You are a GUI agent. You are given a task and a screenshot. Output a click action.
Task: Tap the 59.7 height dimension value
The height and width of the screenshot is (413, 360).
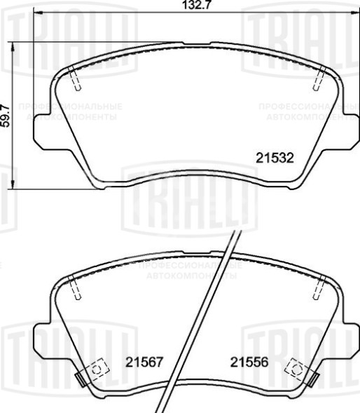(6, 115)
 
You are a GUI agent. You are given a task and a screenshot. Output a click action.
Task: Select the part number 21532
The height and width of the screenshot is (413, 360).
(272, 158)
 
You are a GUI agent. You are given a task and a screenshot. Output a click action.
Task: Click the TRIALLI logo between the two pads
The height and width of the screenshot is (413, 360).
(186, 200)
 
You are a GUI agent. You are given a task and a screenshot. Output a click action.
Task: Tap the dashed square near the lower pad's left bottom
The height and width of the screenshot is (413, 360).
(95, 367)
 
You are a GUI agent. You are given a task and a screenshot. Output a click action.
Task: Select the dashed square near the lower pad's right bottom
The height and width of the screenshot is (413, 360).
(297, 367)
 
